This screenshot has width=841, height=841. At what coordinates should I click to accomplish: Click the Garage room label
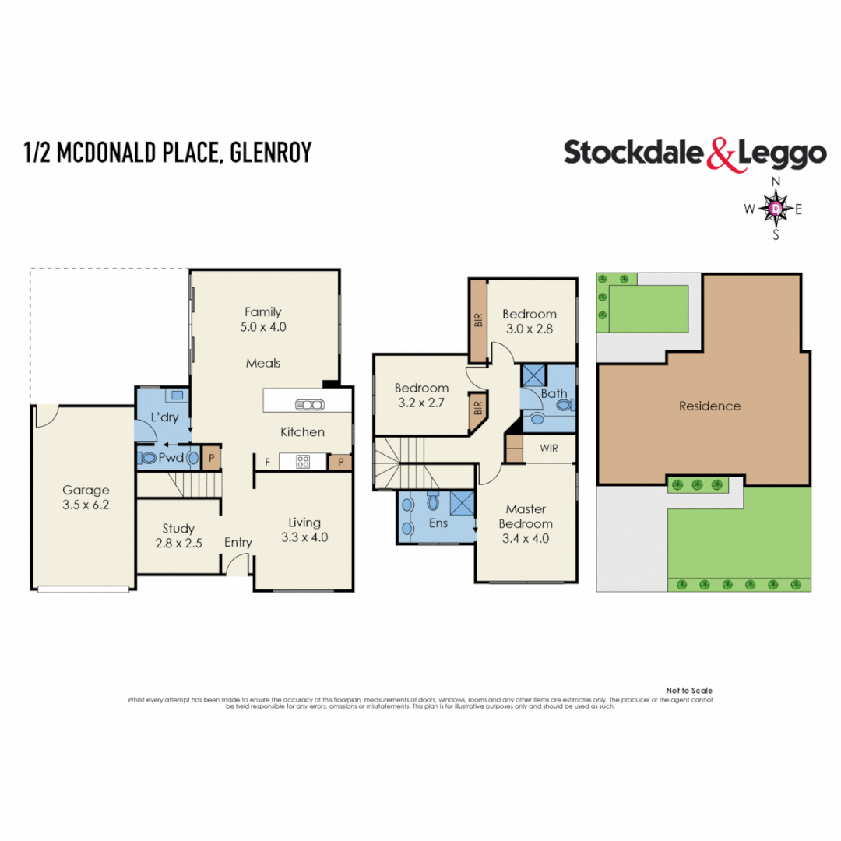pyautogui.click(x=86, y=491)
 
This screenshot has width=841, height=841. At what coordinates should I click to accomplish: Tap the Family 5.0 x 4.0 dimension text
pyautogui.click(x=264, y=327)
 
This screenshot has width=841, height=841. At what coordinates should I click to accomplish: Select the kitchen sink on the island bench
pyautogui.click(x=309, y=404)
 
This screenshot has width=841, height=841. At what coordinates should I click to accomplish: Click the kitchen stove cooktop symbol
pyautogui.click(x=301, y=462)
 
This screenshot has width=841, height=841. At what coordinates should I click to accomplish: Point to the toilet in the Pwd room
pyautogui.click(x=148, y=459)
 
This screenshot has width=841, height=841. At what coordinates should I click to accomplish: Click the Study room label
pyautogui.click(x=178, y=528)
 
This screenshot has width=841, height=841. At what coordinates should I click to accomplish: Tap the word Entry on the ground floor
pyautogui.click(x=238, y=542)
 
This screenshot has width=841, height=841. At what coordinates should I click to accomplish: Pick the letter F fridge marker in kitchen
pyautogui.click(x=267, y=463)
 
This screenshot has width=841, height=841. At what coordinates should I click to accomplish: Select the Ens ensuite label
pyautogui.click(x=438, y=523)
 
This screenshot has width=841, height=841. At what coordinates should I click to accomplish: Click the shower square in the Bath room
pyautogui.click(x=535, y=375)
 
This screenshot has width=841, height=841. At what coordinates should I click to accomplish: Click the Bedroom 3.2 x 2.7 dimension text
pyautogui.click(x=421, y=404)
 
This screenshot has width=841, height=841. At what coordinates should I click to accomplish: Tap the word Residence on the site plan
pyautogui.click(x=709, y=406)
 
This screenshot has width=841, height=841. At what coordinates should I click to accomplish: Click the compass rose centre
pyautogui.click(x=776, y=208)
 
